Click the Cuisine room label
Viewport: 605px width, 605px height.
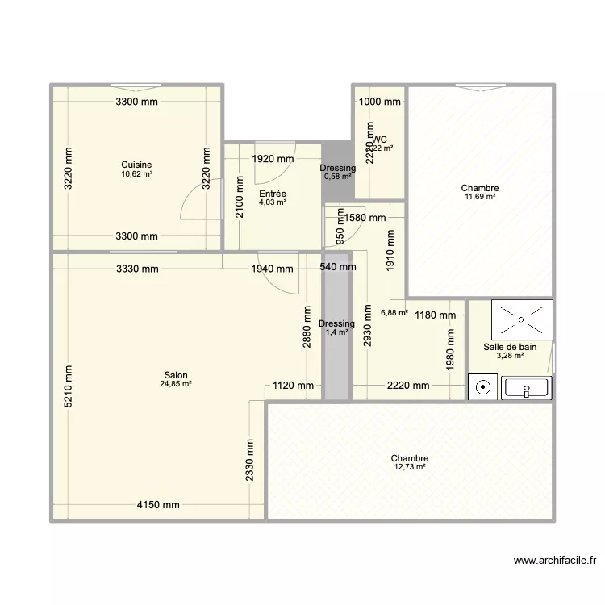click(x=136, y=165)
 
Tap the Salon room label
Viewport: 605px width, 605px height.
click(x=176, y=375)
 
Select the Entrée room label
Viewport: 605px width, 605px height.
click(x=273, y=194)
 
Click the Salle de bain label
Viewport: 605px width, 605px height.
click(x=510, y=347)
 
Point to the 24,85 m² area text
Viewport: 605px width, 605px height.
click(x=176, y=384)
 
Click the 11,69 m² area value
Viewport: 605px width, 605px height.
click(x=480, y=196)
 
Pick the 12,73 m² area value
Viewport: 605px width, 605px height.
click(x=410, y=467)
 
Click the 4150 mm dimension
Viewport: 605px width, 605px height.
click(x=157, y=506)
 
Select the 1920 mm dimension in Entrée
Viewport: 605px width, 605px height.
click(x=273, y=159)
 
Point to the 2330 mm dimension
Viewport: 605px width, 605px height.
click(x=251, y=460)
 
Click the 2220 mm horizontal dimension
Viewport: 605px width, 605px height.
click(x=407, y=386)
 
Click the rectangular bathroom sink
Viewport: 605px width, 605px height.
click(x=526, y=388)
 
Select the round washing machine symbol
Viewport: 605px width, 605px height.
click(x=483, y=388)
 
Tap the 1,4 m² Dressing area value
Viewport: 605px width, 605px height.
click(x=336, y=332)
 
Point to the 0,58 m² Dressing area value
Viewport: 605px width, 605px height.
click(x=337, y=177)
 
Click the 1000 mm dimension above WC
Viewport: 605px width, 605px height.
click(x=379, y=102)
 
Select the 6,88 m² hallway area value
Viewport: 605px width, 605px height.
click(x=394, y=313)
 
